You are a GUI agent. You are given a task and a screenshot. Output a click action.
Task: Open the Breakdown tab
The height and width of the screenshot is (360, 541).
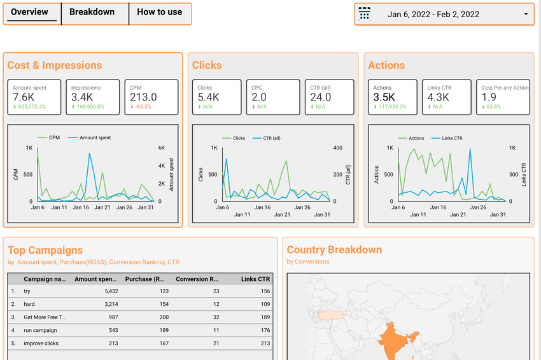point(92,12)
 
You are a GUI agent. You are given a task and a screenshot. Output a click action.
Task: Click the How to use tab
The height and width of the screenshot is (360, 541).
point(159,12)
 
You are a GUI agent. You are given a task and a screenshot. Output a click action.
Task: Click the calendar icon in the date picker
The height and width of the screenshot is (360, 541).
point(365,14)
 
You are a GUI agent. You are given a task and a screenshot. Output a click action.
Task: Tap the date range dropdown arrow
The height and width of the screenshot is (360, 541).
point(526,14)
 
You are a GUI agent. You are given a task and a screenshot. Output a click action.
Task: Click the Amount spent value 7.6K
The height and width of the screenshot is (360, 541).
point(24,97)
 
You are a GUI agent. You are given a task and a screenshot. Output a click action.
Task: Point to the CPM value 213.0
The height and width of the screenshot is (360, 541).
point(143,97)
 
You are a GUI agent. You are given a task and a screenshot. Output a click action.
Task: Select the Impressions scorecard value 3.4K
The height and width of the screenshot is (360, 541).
point(83,97)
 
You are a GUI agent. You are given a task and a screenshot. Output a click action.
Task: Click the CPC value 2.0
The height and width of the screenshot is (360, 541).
point(259,97)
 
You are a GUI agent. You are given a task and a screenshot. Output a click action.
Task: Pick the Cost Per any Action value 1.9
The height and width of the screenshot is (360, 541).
point(489,97)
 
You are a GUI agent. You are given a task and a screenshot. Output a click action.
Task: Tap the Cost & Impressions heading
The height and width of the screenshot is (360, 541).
point(55,66)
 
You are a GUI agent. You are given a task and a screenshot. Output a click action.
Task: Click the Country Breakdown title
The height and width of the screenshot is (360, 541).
point(334,250)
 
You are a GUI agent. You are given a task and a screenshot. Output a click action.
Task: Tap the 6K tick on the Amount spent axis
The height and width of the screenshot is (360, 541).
point(162,148)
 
